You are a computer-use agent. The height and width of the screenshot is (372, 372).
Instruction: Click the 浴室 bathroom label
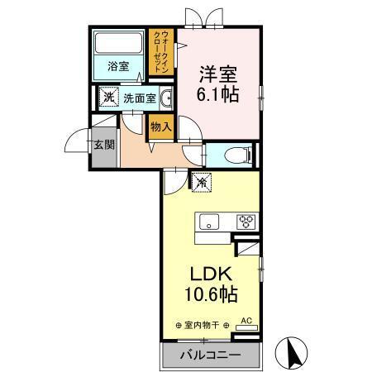coord(118,67)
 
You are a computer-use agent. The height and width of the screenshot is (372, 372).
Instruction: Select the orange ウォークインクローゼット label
coord(164,50)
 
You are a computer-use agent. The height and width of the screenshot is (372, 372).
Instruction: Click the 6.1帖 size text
coord(219,93)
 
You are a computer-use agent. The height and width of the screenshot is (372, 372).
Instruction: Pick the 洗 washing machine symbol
coord(109,98)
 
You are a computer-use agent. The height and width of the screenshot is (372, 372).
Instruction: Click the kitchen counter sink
coord(210,221)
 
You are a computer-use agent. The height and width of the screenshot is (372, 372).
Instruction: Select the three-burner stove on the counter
coord(246,221)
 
